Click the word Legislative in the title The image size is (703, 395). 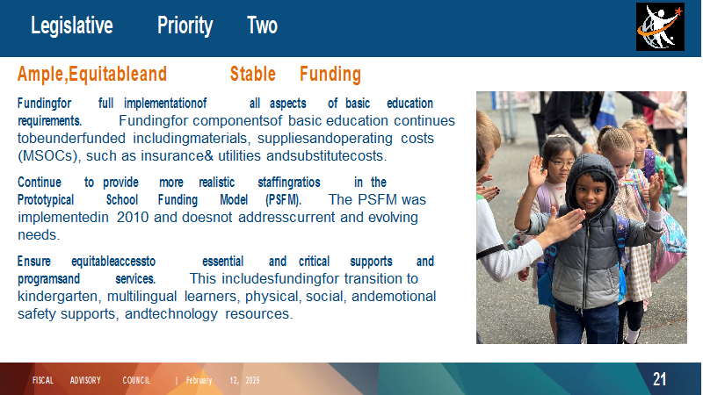pos(72,25)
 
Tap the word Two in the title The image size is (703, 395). pos(262,25)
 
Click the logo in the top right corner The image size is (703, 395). pos(660,27)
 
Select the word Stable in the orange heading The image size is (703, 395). pos(253,74)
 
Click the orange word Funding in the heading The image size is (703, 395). pos(330,75)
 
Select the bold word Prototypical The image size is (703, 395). pos(46,200)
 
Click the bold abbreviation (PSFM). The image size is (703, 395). pos(283,200)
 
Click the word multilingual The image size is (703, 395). pos(142,297)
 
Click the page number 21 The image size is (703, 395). pos(660,379)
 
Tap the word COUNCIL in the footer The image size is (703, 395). pos(136,380)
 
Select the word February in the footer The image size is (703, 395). pos(199,381)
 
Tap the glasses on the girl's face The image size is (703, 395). pos(562,164)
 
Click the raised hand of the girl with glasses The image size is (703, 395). pos(536,171)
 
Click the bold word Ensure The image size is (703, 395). pos(34,261)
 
